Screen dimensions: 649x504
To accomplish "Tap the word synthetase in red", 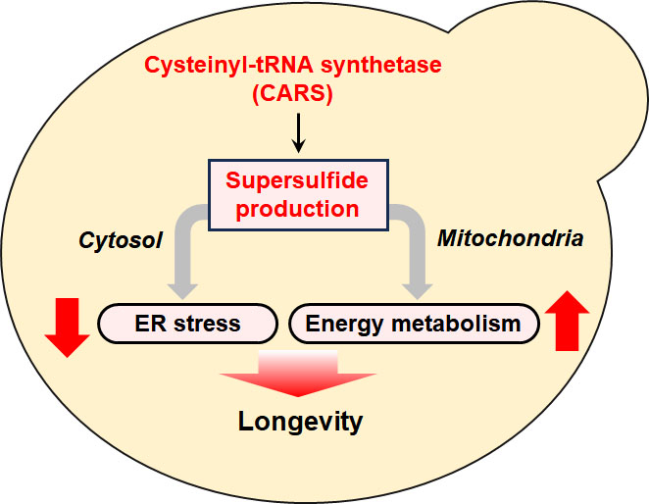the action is (381, 66).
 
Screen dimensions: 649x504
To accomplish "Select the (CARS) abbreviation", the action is (292, 93).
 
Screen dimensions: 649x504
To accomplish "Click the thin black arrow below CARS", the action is (298, 133).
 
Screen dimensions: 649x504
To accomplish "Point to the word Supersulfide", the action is (297, 180).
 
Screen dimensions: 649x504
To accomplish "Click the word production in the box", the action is (297, 209).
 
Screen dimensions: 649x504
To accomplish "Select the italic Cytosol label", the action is (121, 240).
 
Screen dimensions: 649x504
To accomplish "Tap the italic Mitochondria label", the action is (511, 238).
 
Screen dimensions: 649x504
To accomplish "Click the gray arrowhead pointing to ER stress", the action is (182, 291).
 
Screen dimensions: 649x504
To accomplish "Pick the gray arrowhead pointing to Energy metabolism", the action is (418, 291).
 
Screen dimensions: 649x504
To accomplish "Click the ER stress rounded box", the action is (187, 324).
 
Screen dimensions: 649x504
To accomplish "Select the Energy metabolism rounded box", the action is (414, 324).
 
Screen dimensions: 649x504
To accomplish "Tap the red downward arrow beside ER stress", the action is (67, 328).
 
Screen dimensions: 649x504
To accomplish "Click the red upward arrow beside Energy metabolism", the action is (567, 321).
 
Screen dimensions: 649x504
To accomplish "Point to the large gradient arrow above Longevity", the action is (298, 374).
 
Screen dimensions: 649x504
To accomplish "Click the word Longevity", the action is (301, 422).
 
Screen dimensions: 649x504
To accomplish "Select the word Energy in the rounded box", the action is (344, 325).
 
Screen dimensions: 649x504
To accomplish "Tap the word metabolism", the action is (456, 323).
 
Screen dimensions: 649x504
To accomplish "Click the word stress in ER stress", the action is (207, 324).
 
